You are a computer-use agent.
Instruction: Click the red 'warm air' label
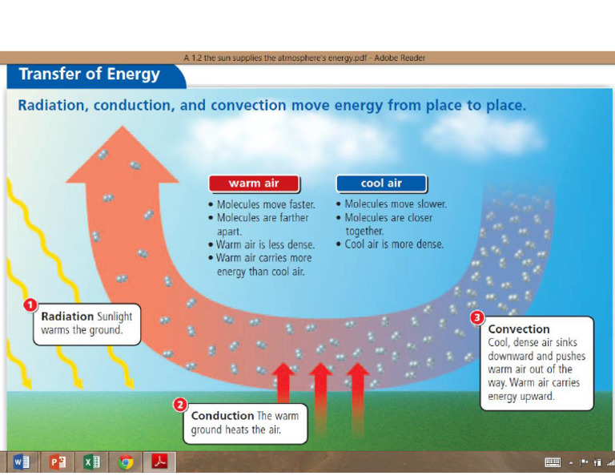254,184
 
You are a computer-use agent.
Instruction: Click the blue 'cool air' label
381,184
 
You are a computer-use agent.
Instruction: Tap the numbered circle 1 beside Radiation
30,305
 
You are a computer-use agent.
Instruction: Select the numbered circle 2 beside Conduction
181,405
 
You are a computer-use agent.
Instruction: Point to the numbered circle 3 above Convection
476,317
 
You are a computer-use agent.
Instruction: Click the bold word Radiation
67,317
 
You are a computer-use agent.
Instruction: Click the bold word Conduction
222,416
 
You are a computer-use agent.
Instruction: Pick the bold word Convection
519,329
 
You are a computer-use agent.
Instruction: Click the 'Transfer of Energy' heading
89,75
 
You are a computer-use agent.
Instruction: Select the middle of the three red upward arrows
320,383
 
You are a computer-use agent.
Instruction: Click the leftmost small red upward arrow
283,383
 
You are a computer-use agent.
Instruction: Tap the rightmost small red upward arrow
356,383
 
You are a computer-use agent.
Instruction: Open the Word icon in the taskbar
21,462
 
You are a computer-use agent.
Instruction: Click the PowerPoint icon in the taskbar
57,462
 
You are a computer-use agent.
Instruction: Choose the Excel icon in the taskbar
91,462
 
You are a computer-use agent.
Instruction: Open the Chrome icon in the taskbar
126,462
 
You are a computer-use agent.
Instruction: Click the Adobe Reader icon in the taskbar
159,462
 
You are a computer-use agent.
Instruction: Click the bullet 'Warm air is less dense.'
265,244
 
